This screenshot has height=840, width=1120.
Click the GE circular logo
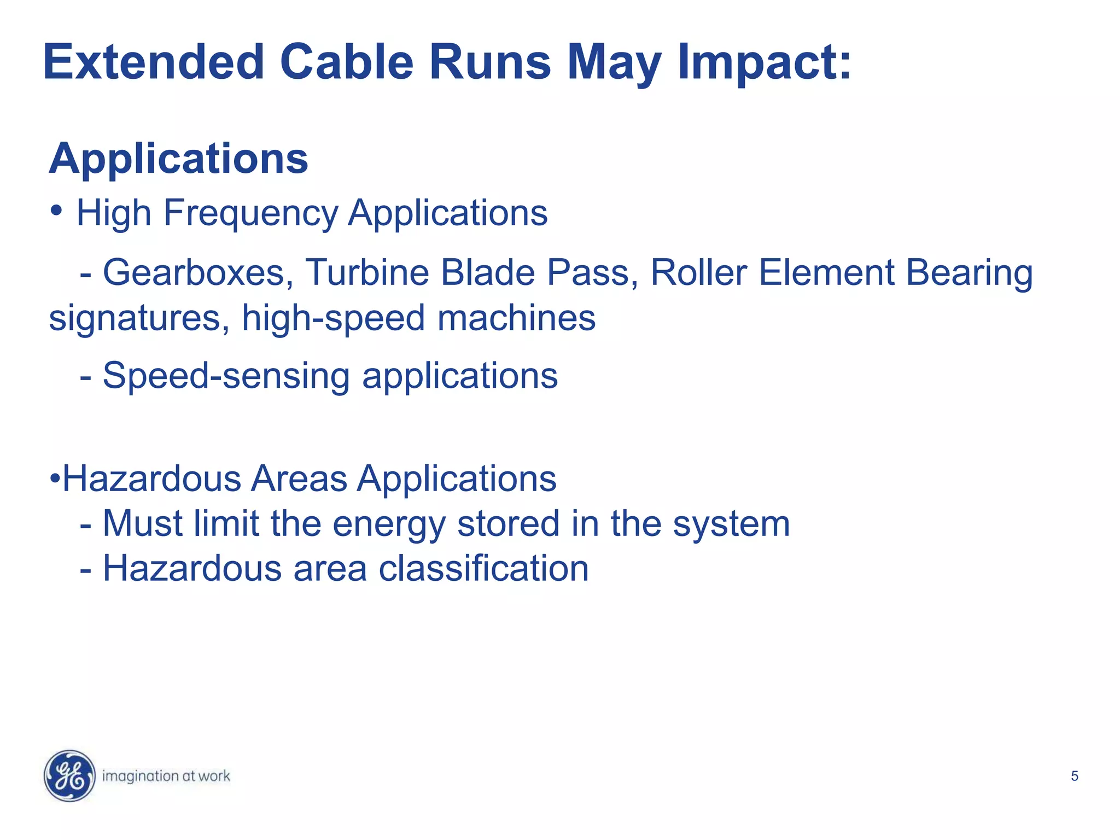click(x=69, y=775)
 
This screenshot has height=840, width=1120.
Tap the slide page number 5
click(x=1074, y=776)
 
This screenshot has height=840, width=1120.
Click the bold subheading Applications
click(x=179, y=159)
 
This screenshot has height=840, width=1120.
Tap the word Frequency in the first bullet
click(x=251, y=213)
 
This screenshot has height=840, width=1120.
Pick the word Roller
click(x=698, y=272)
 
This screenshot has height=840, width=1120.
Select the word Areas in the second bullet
click(x=299, y=479)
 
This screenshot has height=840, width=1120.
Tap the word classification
click(x=483, y=569)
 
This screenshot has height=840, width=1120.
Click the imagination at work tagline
click(x=166, y=776)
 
